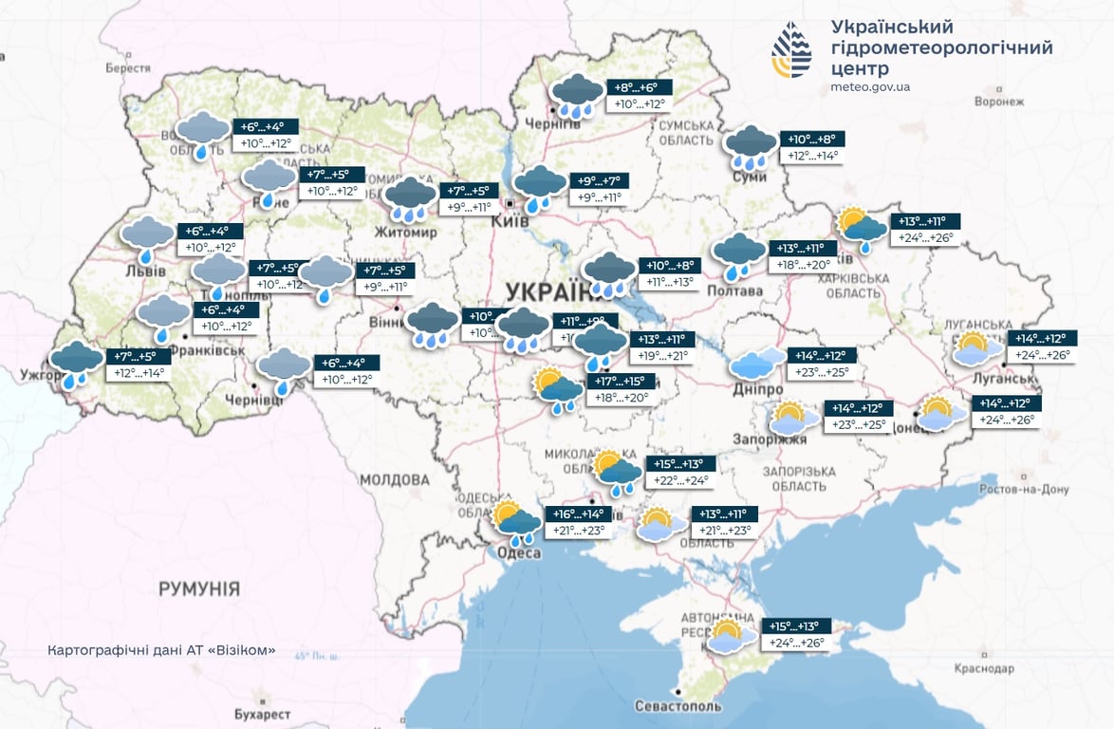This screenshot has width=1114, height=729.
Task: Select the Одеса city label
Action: coord(518,553)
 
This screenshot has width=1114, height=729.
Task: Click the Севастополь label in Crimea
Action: coord(677,706)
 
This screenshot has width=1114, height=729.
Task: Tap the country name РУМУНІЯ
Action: coord(199,589)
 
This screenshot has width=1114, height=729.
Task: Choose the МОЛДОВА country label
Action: coord(395,480)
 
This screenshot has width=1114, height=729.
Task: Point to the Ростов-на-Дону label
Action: coord(1023,490)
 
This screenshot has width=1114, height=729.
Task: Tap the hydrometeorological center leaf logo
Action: coord(791,49)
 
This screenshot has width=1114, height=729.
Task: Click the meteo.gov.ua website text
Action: coord(869,87)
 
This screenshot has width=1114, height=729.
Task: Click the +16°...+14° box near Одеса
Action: coord(578,514)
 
